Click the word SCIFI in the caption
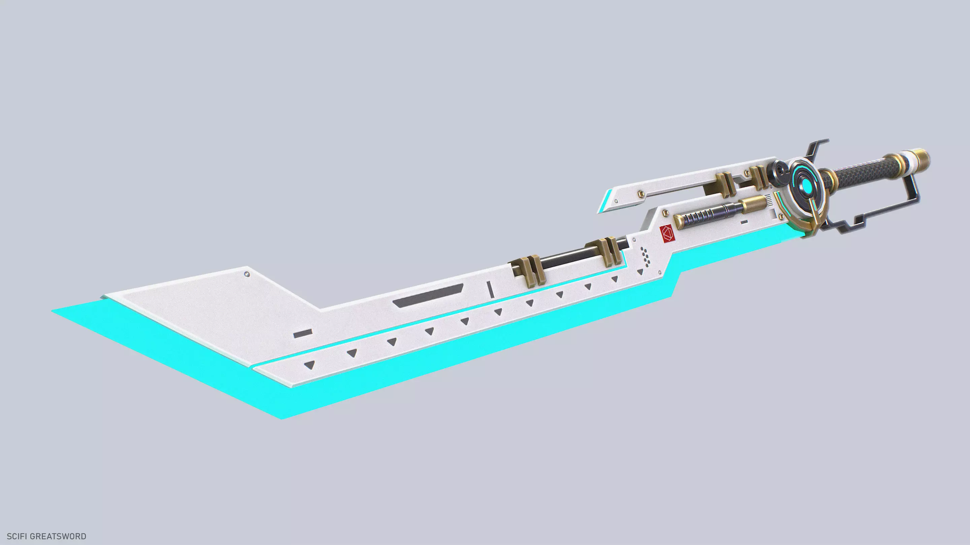(17, 536)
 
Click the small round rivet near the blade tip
(247, 274)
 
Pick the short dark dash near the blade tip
(303, 334)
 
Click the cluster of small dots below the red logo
(645, 256)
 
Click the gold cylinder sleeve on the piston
(754, 204)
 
